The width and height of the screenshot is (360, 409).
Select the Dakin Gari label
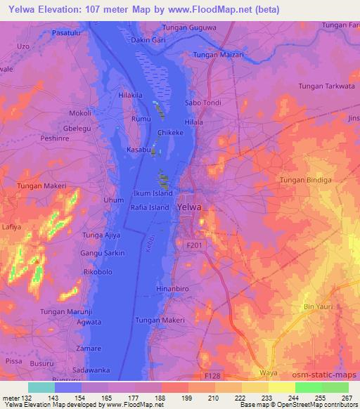tap(148, 40)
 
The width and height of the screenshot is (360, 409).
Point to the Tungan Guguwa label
tap(189, 27)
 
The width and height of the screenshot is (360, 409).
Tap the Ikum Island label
tap(153, 193)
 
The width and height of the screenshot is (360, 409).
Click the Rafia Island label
tap(150, 208)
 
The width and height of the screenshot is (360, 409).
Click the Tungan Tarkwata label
tap(328, 86)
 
